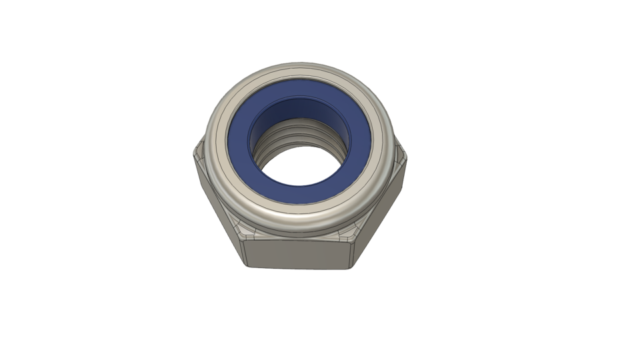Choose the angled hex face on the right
click(x=383, y=200)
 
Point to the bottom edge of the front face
click(x=298, y=268)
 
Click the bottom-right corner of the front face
click(x=352, y=267)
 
